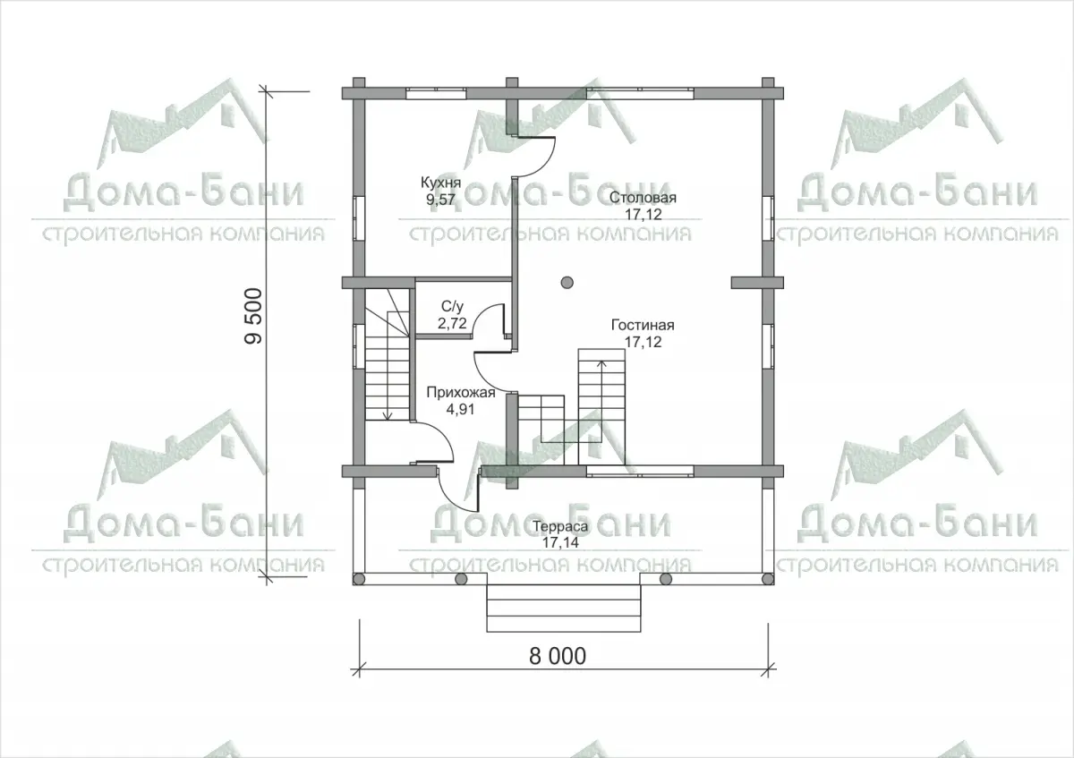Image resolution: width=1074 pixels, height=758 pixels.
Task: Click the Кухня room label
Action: tap(440, 183)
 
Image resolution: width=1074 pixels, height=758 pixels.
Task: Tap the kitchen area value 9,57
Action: tap(440, 200)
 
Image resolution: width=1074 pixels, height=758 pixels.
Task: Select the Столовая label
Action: tap(643, 198)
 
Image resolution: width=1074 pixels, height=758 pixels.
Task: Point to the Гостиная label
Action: tap(643, 325)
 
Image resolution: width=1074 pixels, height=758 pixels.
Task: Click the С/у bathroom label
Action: tap(452, 307)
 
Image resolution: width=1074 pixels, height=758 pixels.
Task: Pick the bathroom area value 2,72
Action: tap(452, 323)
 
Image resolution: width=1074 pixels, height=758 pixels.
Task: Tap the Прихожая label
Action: tap(460, 393)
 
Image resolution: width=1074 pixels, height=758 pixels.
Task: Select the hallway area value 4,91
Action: tap(460, 410)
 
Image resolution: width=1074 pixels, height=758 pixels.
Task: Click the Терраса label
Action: tap(560, 526)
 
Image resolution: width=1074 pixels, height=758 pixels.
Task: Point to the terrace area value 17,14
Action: tap(560, 542)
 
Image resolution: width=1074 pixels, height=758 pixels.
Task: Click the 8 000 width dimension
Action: tap(558, 656)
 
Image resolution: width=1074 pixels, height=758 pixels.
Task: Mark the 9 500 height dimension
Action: tap(253, 316)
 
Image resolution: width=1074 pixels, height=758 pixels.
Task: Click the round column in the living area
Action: tap(567, 283)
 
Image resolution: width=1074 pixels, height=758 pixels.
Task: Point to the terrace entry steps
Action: tap(564, 608)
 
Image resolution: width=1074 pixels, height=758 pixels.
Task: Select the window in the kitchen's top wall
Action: tap(437, 93)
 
